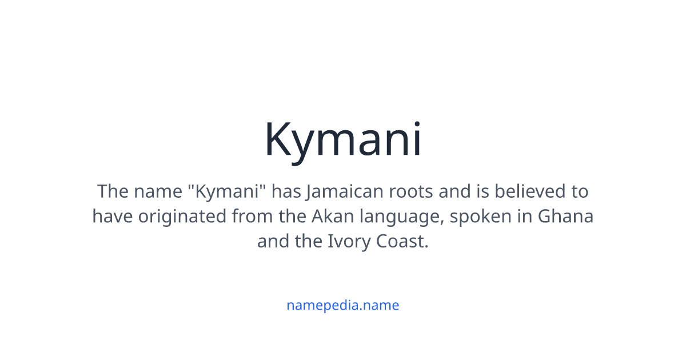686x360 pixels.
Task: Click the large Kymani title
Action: tap(343, 140)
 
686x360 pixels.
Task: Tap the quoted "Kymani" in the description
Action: tap(229, 191)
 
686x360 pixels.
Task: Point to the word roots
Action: tap(411, 191)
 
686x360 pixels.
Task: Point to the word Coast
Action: tap(402, 242)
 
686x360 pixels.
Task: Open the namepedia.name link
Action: tap(343, 305)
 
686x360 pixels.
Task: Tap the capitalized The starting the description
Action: tap(113, 191)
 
